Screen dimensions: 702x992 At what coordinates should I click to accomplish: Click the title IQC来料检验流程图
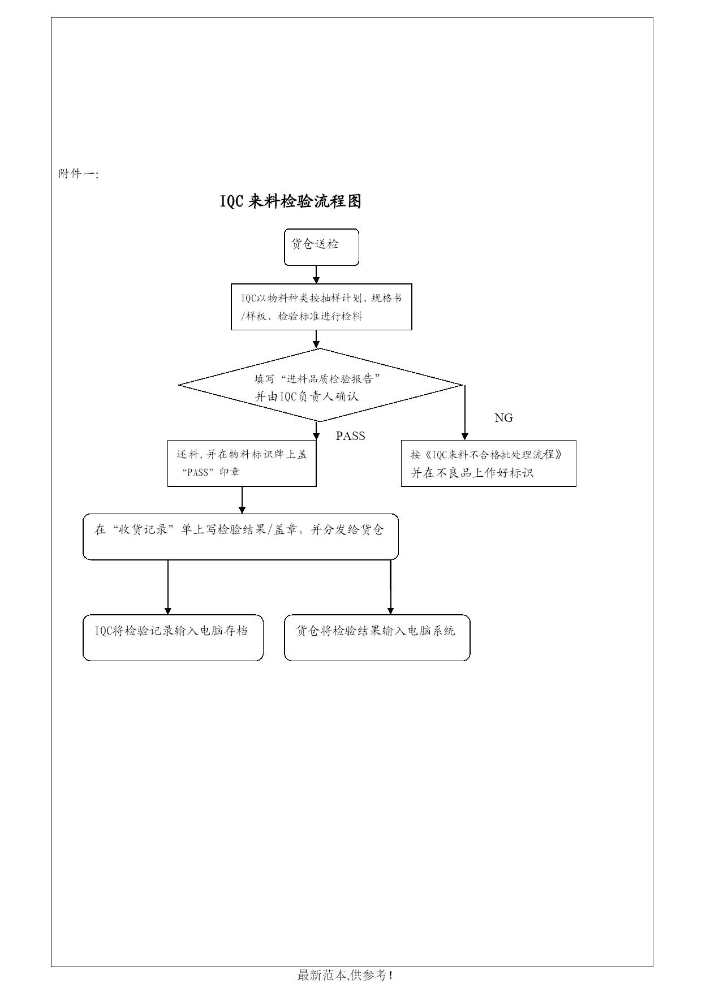click(290, 201)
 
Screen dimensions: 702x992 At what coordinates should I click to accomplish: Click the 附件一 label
click(79, 174)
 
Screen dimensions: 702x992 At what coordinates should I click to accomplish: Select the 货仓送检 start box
click(321, 247)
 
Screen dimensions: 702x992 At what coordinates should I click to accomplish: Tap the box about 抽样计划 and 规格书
click(321, 307)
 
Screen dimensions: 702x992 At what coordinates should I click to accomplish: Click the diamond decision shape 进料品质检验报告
click(321, 385)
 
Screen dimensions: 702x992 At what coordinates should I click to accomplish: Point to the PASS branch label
click(351, 435)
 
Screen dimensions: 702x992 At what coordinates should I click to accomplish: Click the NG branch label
click(503, 418)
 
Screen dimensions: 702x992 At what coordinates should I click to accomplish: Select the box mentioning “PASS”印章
click(242, 463)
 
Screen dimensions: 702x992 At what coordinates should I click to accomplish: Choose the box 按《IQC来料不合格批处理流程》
click(489, 463)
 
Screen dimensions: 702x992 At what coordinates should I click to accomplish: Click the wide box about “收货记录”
click(241, 537)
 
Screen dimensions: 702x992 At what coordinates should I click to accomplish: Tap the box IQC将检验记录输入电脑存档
click(173, 637)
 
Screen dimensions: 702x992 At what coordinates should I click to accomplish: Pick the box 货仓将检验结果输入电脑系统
click(377, 637)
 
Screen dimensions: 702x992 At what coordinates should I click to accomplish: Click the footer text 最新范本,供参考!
click(345, 975)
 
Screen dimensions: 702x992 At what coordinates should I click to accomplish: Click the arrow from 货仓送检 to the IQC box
click(316, 274)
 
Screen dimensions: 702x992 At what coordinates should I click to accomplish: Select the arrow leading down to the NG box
click(465, 412)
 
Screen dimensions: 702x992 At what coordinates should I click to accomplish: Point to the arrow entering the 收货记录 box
click(242, 500)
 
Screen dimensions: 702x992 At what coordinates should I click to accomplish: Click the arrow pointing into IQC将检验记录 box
click(167, 587)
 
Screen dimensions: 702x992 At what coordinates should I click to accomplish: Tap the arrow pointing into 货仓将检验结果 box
click(390, 587)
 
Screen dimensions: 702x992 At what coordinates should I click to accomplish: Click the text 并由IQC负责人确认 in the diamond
click(307, 396)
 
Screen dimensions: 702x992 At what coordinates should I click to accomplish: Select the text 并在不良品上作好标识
click(472, 473)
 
